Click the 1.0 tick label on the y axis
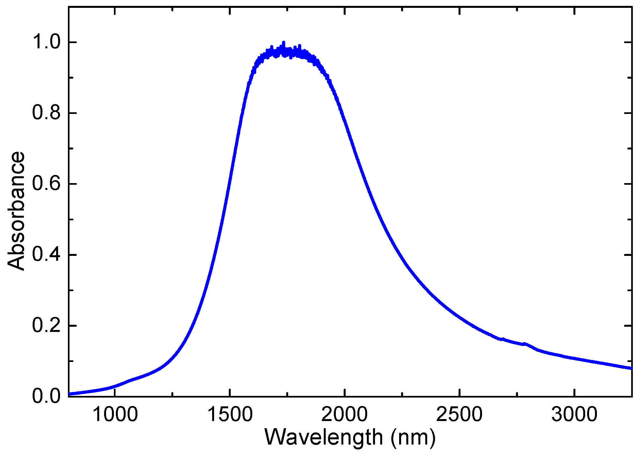pos(46,43)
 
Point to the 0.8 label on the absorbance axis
pos(46,113)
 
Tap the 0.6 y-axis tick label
pos(46,184)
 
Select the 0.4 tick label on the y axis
pos(46,255)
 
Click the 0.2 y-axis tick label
pos(46,326)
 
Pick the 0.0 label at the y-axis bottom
pos(46,396)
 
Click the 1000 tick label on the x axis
pos(115,415)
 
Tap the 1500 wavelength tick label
pos(230,415)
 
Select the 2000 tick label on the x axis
pos(345,415)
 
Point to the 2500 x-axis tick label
pos(459,415)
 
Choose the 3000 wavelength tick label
pos(574,415)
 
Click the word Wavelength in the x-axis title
pos(323,437)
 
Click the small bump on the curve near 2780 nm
pos(524,344)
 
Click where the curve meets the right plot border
pos(631,368)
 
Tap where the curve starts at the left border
pos(70,394)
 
